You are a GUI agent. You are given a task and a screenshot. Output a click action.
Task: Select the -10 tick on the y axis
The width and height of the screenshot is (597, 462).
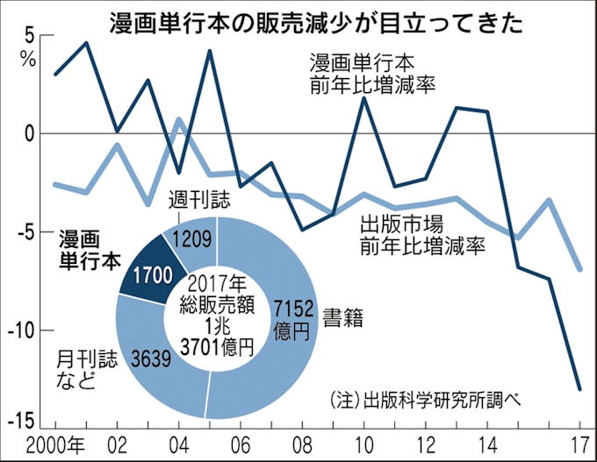pyautogui.click(x=22, y=331)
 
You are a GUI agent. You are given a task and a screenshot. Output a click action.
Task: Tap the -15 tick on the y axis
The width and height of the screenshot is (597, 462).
pyautogui.click(x=22, y=420)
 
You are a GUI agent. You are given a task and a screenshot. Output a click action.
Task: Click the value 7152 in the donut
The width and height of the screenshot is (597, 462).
pyautogui.click(x=291, y=307)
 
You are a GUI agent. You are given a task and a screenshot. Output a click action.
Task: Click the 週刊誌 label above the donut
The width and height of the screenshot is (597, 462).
pyautogui.click(x=198, y=199)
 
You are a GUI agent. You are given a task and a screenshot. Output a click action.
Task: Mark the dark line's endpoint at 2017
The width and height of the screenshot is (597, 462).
pyautogui.click(x=579, y=388)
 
